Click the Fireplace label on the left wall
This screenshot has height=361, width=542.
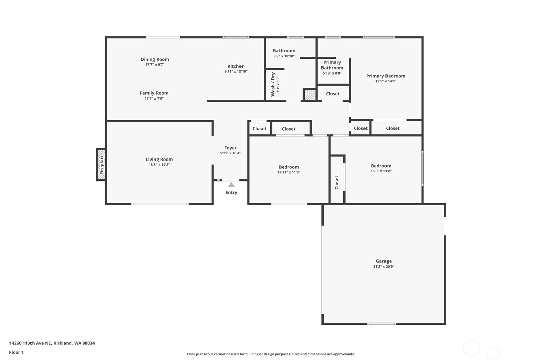[102, 165]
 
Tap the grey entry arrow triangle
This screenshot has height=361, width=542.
[231, 185]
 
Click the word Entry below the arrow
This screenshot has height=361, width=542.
[231, 192]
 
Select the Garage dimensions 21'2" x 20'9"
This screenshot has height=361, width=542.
[383, 267]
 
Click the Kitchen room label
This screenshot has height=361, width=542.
[236, 66]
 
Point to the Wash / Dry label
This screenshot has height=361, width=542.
[273, 84]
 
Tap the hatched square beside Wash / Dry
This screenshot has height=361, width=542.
[310, 94]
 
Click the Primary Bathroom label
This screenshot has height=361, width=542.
[332, 65]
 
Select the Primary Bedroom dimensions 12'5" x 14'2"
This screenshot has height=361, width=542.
[385, 81]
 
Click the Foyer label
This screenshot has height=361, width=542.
[230, 148]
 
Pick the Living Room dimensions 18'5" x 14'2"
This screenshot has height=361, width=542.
[159, 165]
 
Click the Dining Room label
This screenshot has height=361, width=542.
[155, 59]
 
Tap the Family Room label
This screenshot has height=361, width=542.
[154, 93]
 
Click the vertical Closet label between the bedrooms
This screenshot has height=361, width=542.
[337, 182]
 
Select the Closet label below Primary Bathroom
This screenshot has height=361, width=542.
[333, 94]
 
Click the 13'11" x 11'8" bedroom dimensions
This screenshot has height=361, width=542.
[289, 172]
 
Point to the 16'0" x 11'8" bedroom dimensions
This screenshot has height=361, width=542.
[381, 171]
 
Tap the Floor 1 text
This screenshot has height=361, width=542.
[16, 352]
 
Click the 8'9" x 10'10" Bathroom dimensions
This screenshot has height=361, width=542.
[284, 56]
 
